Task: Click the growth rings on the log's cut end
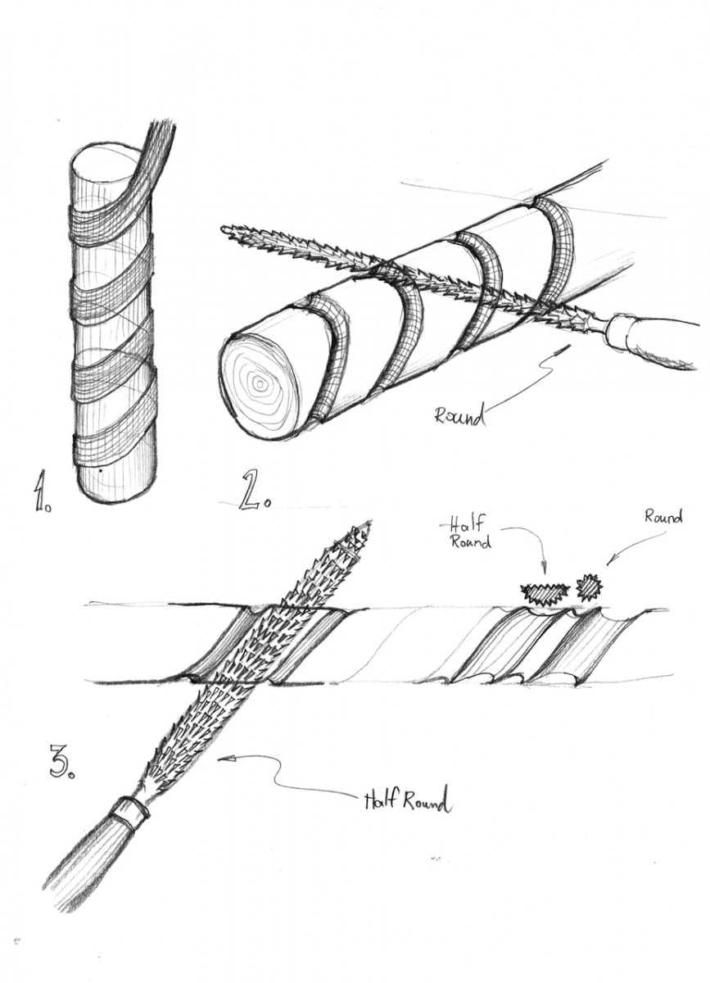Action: pyautogui.click(x=260, y=382)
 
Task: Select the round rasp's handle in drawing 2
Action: pyautogui.click(x=655, y=348)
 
